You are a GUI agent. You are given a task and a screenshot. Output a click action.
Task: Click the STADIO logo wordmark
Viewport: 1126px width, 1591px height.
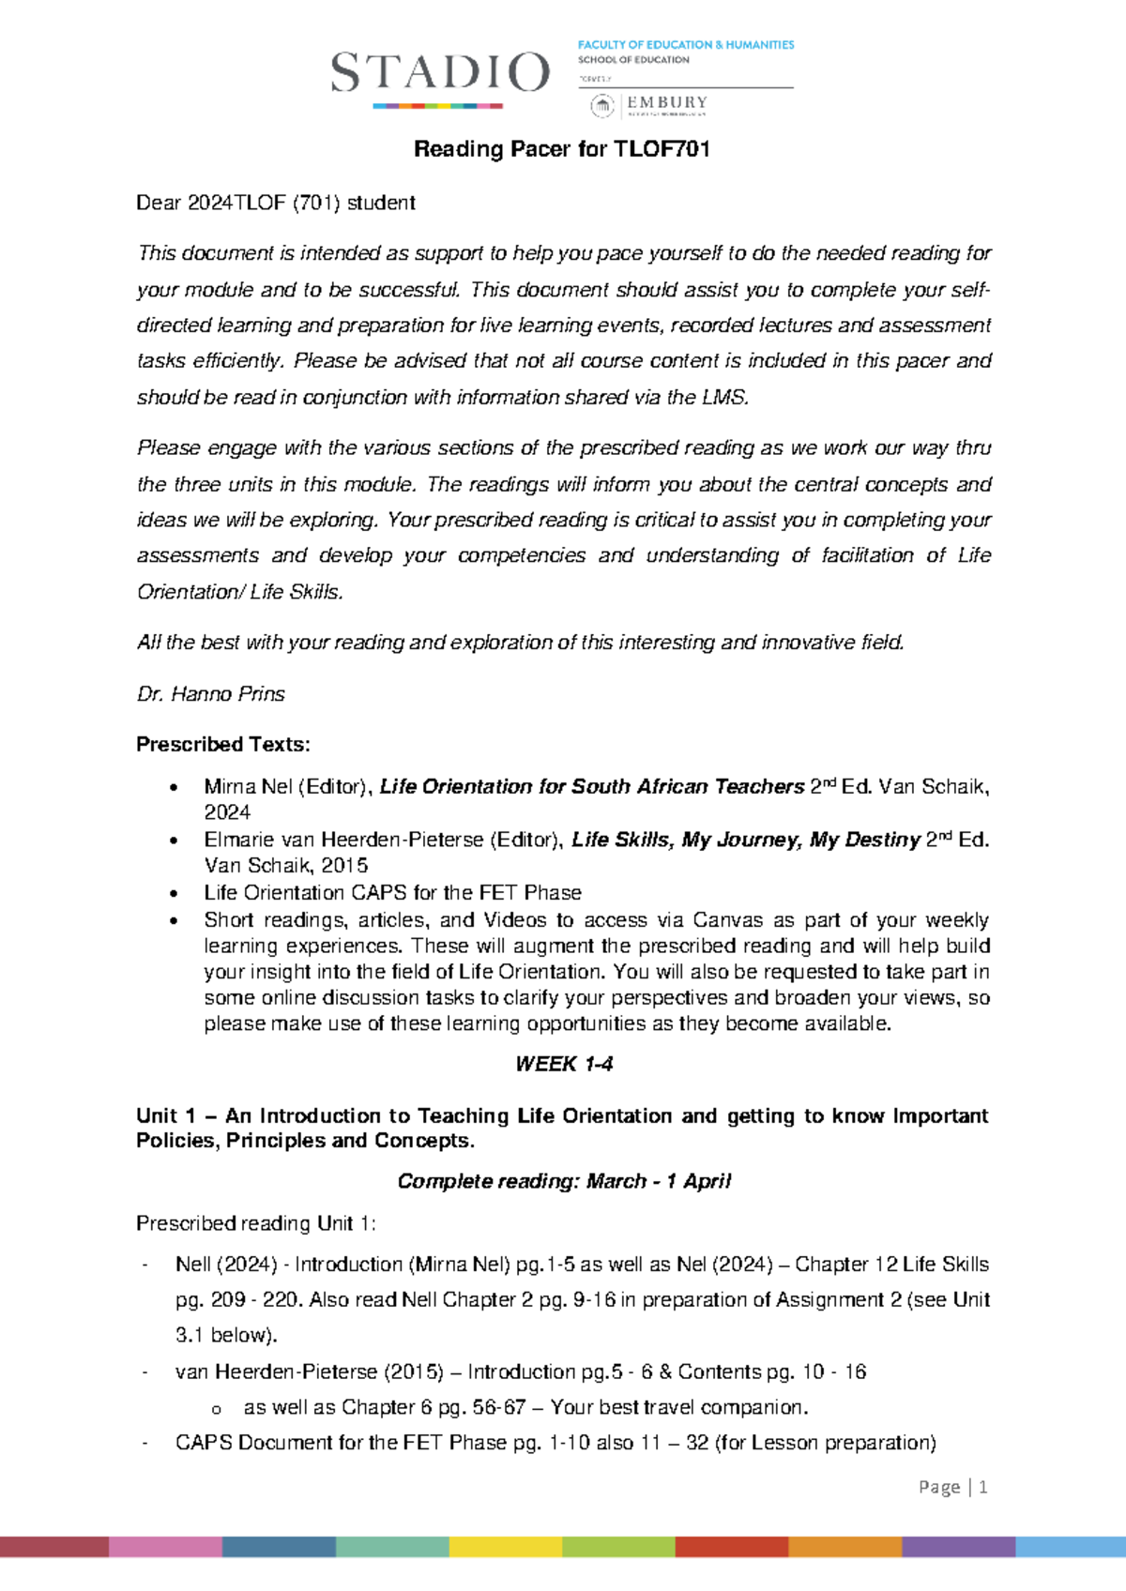(439, 73)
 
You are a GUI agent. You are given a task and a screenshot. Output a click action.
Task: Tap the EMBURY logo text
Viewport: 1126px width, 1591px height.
(667, 102)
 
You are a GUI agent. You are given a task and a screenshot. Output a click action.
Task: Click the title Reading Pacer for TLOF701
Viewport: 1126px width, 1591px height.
(562, 149)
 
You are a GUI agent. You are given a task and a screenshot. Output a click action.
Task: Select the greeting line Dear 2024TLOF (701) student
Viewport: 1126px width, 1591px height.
(276, 203)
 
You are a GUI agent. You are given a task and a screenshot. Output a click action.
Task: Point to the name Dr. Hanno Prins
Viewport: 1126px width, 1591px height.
(210, 694)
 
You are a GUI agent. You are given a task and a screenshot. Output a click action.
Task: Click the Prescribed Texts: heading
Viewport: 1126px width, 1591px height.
(222, 745)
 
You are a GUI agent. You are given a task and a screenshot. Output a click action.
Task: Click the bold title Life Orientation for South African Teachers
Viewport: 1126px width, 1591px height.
(591, 787)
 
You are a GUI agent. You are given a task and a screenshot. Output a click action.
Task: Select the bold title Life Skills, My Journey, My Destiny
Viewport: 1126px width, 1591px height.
(745, 840)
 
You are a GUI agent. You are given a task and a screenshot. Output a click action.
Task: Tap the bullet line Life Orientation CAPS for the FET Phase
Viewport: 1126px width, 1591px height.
(392, 893)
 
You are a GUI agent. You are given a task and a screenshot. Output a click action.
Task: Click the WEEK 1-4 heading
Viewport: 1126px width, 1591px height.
(564, 1064)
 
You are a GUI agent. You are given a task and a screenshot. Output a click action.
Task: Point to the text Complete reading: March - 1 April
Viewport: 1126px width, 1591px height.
(564, 1181)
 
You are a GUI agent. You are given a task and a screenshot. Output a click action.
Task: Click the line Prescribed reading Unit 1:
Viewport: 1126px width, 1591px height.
(255, 1223)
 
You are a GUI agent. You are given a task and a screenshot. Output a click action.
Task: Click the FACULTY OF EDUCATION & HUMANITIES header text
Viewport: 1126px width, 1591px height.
(685, 44)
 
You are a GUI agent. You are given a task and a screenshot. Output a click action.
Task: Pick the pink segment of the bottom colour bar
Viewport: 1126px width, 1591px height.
(165, 1547)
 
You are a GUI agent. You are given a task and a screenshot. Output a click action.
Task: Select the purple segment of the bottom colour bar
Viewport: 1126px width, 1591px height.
(958, 1547)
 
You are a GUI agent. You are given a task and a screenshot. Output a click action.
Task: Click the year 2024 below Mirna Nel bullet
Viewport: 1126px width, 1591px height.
(227, 812)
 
